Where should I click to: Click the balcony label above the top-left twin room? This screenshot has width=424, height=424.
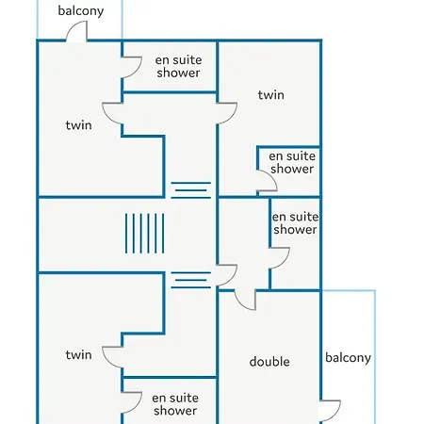pyautogui.click(x=81, y=11)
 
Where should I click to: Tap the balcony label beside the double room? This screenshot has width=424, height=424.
pyautogui.click(x=348, y=358)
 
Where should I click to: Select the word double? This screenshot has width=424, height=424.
pyautogui.click(x=269, y=362)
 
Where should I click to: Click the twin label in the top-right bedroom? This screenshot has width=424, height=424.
pyautogui.click(x=271, y=95)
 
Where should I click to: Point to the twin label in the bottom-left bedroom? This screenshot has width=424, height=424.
pyautogui.click(x=78, y=355)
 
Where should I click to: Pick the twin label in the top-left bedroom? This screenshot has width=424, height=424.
pyautogui.click(x=78, y=125)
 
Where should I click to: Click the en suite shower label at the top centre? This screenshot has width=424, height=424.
pyautogui.click(x=178, y=67)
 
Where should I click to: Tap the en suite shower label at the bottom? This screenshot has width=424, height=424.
pyautogui.click(x=175, y=404)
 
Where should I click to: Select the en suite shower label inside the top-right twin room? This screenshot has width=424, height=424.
pyautogui.click(x=292, y=162)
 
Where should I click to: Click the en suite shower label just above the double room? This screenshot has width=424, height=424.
pyautogui.click(x=295, y=223)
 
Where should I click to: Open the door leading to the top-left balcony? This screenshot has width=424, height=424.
pyautogui.click(x=77, y=31)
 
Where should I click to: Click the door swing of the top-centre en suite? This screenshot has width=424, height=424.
pyautogui.click(x=132, y=67)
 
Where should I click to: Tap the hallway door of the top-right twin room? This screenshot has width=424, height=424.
pyautogui.click(x=227, y=113)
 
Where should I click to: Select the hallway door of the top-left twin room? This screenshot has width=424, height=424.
pyautogui.click(x=112, y=113)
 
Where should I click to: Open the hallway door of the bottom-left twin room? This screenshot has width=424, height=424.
pyautogui.click(x=112, y=357)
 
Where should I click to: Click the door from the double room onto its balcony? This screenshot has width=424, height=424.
pyautogui.click(x=331, y=411)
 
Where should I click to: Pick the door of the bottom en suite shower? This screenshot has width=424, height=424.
pyautogui.click(x=132, y=402)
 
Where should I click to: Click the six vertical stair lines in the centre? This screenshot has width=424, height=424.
pyautogui.click(x=145, y=234)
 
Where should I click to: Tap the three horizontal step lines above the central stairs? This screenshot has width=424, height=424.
pyautogui.click(x=191, y=190)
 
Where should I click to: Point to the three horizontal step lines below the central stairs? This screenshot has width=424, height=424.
pyautogui.click(x=191, y=280)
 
